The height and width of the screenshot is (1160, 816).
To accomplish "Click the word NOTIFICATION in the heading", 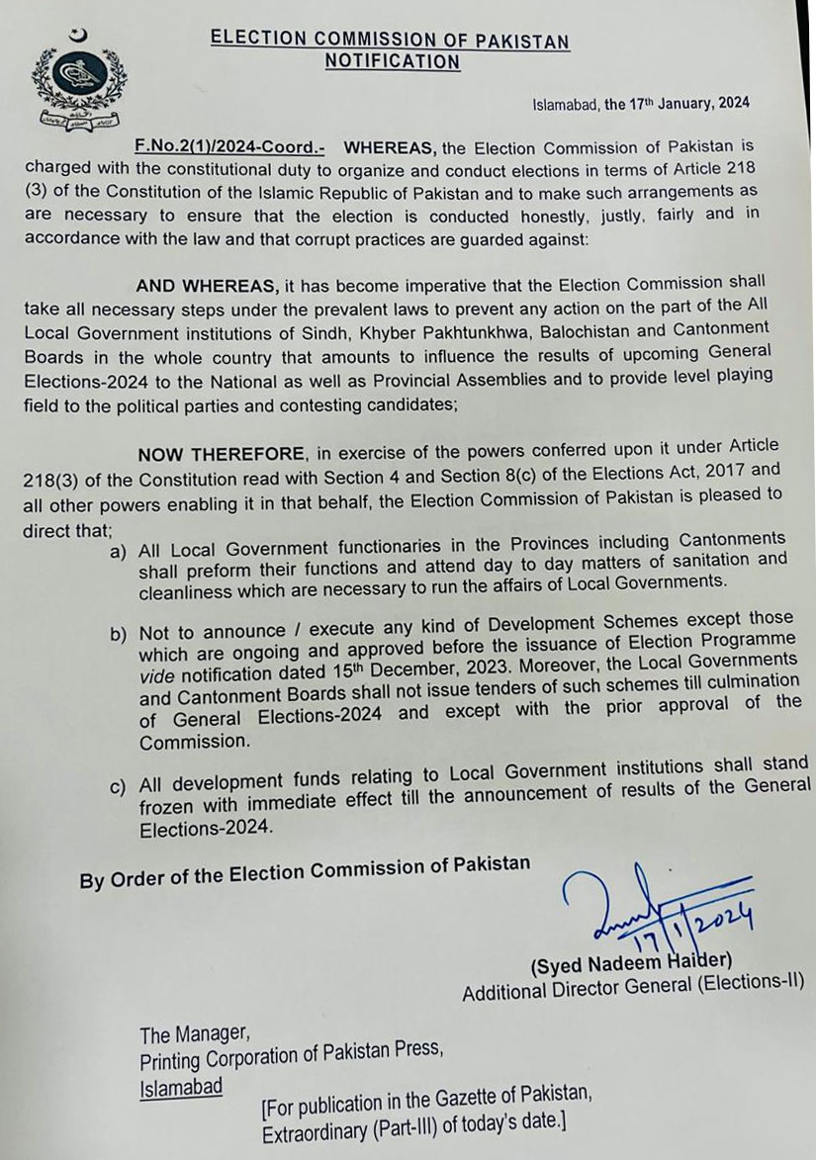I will click(393, 62).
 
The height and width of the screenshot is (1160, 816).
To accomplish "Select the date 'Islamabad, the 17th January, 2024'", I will click(640, 103).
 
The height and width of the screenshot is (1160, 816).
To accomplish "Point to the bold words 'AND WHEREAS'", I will click(208, 286).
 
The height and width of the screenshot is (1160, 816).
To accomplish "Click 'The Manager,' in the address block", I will click(193, 1035).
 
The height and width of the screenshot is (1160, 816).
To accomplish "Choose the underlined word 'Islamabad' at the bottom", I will click(180, 1087).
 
